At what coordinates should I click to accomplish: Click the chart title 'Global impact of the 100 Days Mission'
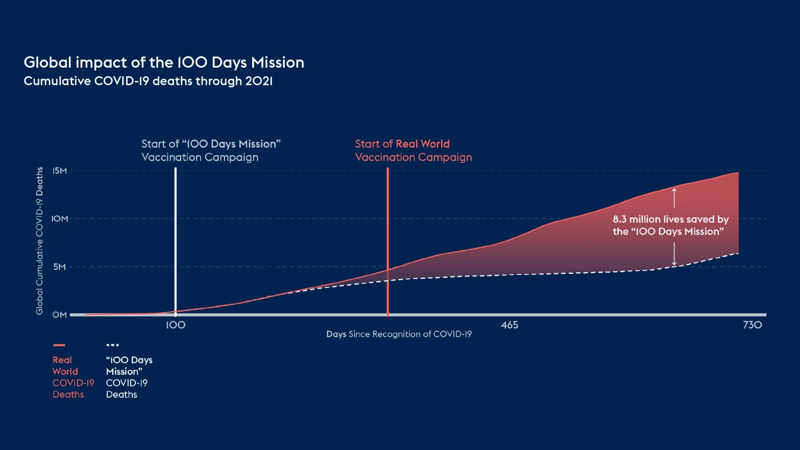click(x=164, y=62)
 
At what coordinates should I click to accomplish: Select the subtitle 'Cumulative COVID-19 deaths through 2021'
click(x=148, y=81)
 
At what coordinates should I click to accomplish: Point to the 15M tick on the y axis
click(x=59, y=171)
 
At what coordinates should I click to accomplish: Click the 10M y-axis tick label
click(x=59, y=219)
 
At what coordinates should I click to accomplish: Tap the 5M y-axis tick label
click(x=59, y=267)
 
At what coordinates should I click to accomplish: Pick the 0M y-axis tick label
click(x=59, y=314)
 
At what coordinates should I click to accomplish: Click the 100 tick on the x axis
click(x=176, y=325)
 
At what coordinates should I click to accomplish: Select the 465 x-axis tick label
click(x=509, y=325)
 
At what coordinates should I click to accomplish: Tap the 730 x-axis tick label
click(x=752, y=325)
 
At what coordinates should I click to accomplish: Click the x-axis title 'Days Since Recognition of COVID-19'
click(x=399, y=334)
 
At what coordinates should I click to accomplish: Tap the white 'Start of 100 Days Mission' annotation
click(x=211, y=151)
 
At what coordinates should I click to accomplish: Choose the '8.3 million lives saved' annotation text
click(x=671, y=226)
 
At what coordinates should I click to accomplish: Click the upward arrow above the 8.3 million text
click(x=674, y=198)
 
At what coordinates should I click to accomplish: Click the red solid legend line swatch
click(x=59, y=345)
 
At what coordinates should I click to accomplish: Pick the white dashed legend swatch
click(x=112, y=345)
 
